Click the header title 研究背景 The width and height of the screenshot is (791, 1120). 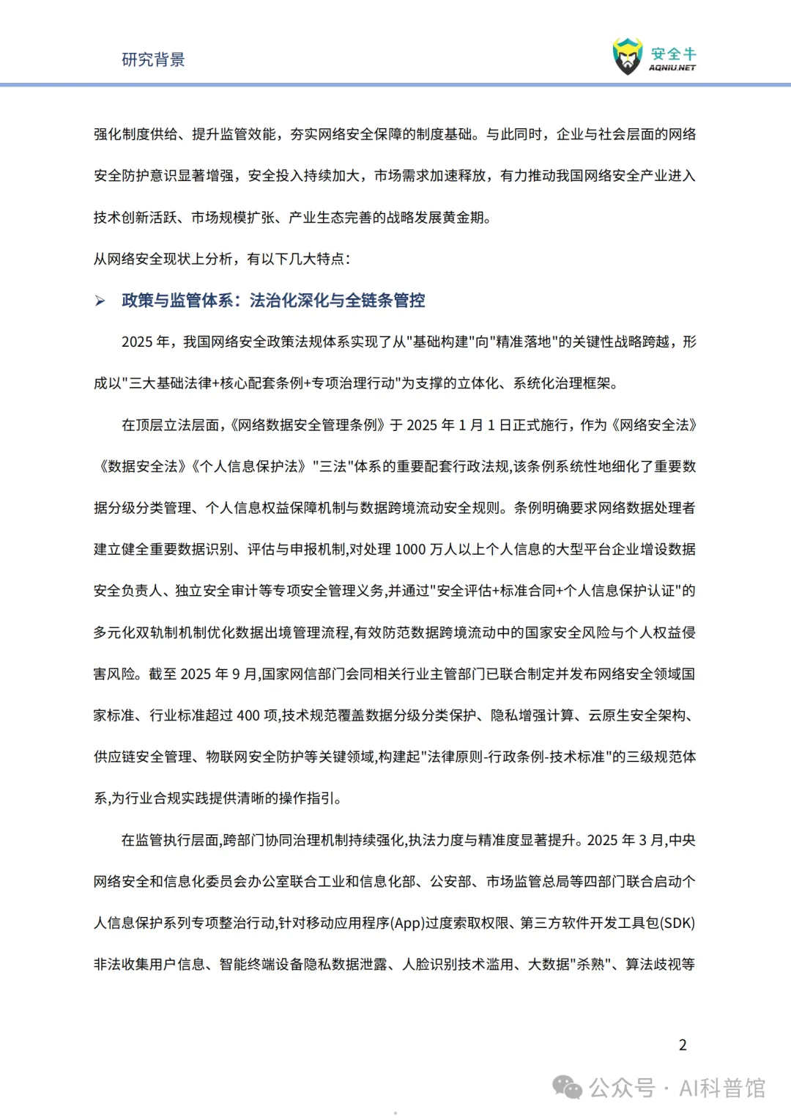click(153, 59)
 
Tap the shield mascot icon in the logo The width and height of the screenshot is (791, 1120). click(628, 56)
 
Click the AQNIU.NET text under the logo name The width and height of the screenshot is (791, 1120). click(672, 67)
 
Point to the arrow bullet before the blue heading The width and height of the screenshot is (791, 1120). click(100, 301)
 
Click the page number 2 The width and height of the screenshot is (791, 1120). click(683, 1045)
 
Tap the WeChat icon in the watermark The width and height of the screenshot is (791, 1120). click(568, 1087)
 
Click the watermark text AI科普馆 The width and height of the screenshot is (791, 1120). click(722, 1088)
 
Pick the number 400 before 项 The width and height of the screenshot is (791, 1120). click(248, 715)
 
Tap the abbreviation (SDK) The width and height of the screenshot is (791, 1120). click(677, 923)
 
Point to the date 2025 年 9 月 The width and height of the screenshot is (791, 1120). click(219, 674)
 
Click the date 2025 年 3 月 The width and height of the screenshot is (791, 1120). click(625, 840)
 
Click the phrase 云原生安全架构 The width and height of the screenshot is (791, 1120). click(637, 715)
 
